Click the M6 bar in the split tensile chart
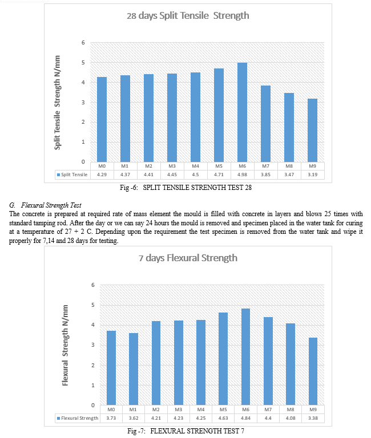click(x=242, y=112)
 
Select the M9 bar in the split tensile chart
click(x=312, y=130)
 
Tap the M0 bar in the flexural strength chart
click(x=111, y=368)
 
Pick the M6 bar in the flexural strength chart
click(x=245, y=357)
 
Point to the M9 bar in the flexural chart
click(x=313, y=371)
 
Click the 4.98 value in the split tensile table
click(x=242, y=175)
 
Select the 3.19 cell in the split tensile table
click(x=313, y=175)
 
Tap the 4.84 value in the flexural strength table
click(x=245, y=418)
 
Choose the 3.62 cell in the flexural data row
click(x=134, y=418)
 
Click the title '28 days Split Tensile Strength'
click(x=188, y=15)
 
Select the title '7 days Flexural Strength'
click(x=188, y=258)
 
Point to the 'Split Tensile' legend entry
click(x=72, y=175)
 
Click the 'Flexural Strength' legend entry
click(x=78, y=418)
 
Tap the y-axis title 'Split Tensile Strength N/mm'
click(x=57, y=103)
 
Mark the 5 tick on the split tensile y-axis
click(x=83, y=63)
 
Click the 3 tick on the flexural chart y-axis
click(x=93, y=345)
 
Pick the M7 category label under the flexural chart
click(x=268, y=409)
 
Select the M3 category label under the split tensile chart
click(x=172, y=166)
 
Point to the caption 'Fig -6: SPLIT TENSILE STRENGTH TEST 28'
click(x=185, y=188)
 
